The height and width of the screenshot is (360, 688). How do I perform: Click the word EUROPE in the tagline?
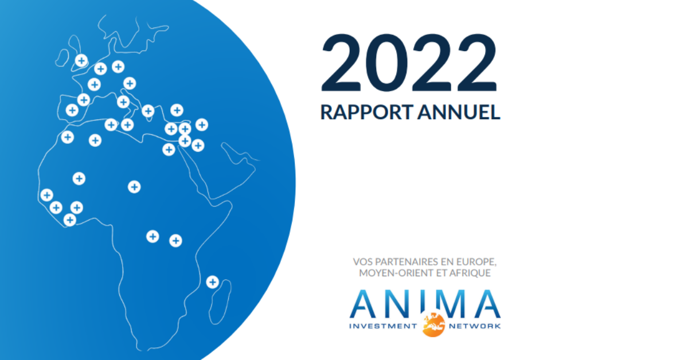[475, 262]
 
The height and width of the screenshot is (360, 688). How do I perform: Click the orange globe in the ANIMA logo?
[433, 324]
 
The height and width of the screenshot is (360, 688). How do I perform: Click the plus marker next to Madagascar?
[212, 282]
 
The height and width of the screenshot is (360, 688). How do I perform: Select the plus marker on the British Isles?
[81, 60]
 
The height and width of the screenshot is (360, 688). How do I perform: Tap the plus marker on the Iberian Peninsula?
[72, 111]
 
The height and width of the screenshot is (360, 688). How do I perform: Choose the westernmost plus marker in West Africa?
[47, 195]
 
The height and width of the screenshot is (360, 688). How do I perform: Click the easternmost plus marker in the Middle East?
[201, 124]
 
